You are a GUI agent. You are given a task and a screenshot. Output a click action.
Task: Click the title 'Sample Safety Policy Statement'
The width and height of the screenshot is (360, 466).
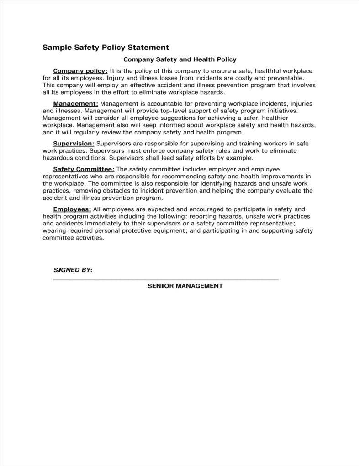106,47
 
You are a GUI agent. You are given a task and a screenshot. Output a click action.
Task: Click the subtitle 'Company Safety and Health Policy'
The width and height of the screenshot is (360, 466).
180,59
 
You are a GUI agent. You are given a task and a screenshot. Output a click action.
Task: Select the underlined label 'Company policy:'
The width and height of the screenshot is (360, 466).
80,71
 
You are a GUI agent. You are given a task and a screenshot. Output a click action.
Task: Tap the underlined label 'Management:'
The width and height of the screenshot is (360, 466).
75,103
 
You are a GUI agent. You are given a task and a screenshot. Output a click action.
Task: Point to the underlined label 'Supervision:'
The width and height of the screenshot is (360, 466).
74,143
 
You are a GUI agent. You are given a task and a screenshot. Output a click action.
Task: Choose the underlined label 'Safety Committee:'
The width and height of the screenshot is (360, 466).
84,169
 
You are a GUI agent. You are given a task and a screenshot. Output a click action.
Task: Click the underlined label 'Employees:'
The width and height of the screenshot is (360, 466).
72,209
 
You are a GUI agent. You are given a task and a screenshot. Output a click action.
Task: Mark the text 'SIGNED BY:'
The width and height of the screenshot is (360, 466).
73,270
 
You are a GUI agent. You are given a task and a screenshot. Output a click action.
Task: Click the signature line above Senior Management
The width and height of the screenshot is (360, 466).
166,279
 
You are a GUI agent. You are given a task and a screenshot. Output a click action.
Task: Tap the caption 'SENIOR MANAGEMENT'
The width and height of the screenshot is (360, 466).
185,286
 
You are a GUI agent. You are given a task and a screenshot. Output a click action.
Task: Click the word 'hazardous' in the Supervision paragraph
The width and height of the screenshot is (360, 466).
58,158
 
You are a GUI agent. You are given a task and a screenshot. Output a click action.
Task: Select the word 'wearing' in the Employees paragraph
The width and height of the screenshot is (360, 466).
54,230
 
